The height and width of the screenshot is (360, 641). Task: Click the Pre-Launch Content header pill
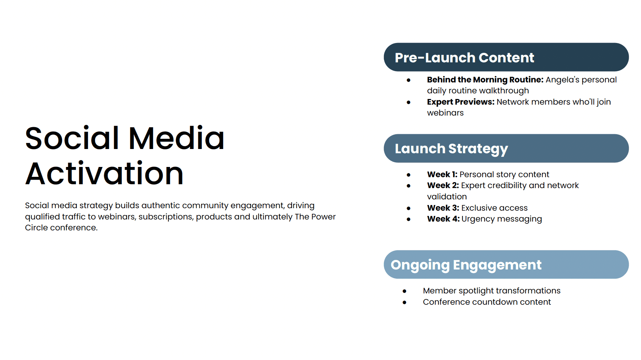coord(506,57)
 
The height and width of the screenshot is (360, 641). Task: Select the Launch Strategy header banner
coord(506,148)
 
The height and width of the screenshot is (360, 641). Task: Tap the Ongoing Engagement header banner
coord(506,265)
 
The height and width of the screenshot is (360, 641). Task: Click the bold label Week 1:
coord(442,174)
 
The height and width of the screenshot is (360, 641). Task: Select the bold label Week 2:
coord(443,185)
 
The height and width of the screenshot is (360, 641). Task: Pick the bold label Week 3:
coord(443,208)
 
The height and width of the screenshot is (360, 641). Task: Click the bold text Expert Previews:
coord(461,102)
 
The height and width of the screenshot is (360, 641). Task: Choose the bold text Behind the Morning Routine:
coord(485,80)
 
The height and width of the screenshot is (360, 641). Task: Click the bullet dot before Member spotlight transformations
coord(404,291)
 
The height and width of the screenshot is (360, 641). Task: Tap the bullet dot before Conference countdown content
coord(404,302)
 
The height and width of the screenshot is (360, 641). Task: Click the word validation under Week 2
coord(447,197)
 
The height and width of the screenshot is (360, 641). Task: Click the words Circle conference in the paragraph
coord(61,228)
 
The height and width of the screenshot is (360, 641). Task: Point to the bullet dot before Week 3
coord(409,208)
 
